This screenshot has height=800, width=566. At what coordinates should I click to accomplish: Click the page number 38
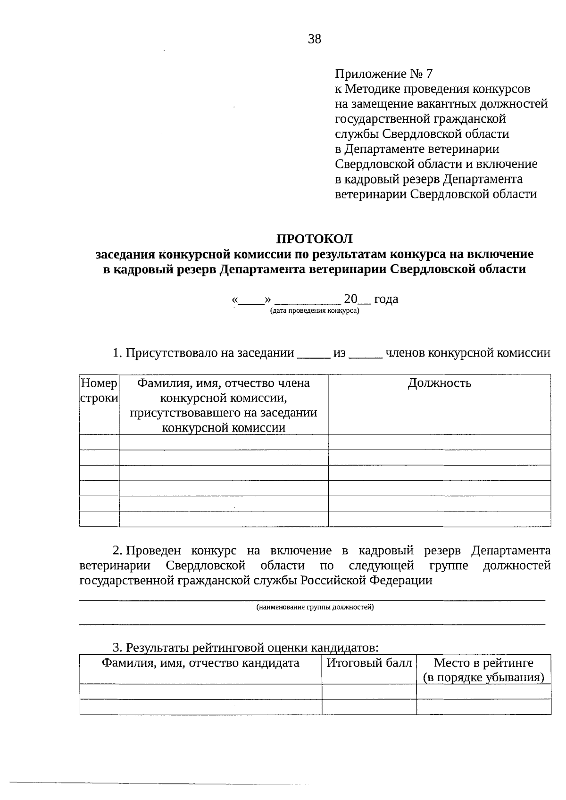(315, 39)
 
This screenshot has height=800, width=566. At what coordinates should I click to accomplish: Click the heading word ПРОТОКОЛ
(314, 239)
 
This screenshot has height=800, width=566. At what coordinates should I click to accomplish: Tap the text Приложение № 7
(383, 74)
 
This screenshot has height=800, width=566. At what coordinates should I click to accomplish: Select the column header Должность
(439, 383)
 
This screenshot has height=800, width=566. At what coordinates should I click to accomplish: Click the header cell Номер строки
(99, 391)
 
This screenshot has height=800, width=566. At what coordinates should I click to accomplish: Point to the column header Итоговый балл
(369, 663)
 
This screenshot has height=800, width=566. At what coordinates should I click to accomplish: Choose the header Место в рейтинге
(483, 663)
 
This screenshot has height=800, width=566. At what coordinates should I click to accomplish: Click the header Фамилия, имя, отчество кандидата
(201, 663)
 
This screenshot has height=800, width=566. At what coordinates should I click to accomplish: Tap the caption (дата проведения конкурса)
(315, 311)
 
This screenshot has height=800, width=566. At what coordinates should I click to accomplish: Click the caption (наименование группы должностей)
(315, 607)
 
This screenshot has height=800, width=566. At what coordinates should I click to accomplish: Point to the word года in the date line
(386, 299)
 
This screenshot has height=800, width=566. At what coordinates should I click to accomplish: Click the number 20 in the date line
(351, 299)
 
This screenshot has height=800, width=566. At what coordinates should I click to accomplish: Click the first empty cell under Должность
(439, 442)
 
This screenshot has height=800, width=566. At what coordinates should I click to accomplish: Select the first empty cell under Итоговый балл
(369, 692)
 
